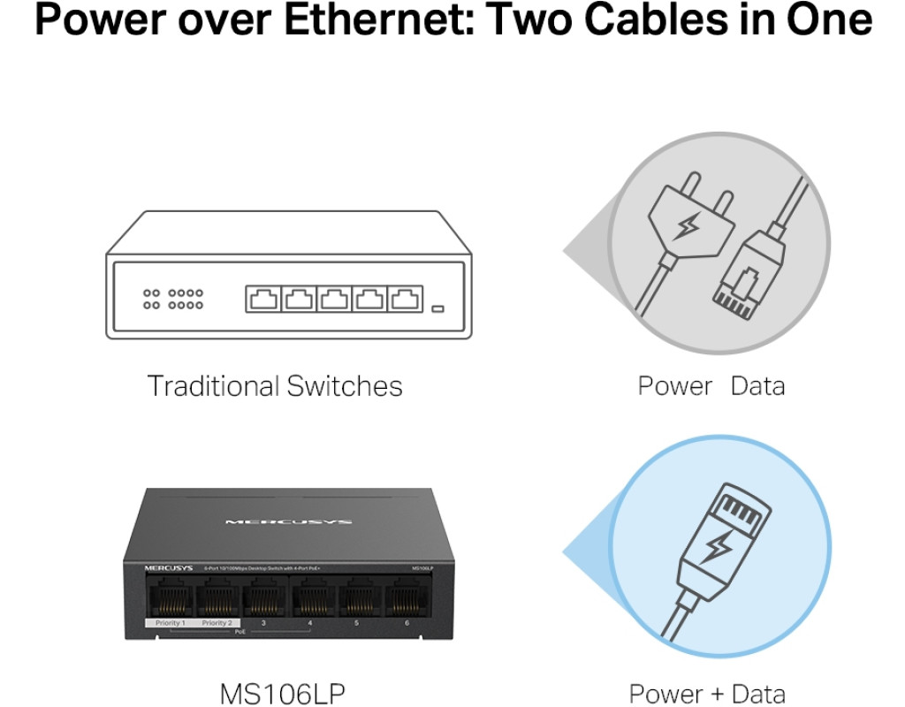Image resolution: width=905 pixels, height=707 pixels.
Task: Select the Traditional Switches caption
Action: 274,386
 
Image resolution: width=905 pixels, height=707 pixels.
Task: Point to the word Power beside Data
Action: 674,386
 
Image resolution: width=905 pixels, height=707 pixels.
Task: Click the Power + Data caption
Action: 706,693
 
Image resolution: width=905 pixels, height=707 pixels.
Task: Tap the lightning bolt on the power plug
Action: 685,226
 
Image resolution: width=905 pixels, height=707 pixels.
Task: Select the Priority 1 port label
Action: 170,623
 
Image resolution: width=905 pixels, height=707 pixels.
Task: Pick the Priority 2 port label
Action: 216,623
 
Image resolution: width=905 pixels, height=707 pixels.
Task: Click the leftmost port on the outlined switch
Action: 263,300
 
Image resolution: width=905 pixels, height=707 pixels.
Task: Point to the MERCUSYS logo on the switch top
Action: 288,522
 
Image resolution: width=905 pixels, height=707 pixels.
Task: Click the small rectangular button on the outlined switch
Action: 437,308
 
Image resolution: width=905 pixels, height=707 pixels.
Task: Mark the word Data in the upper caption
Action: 757,386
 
